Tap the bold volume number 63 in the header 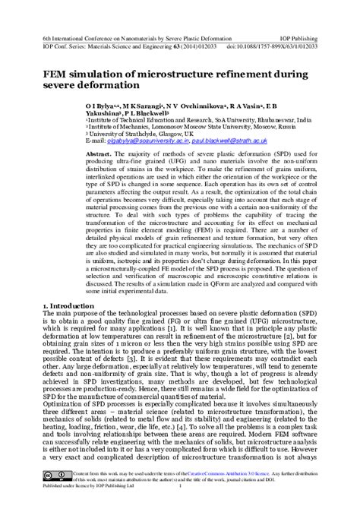click(159, 46)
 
